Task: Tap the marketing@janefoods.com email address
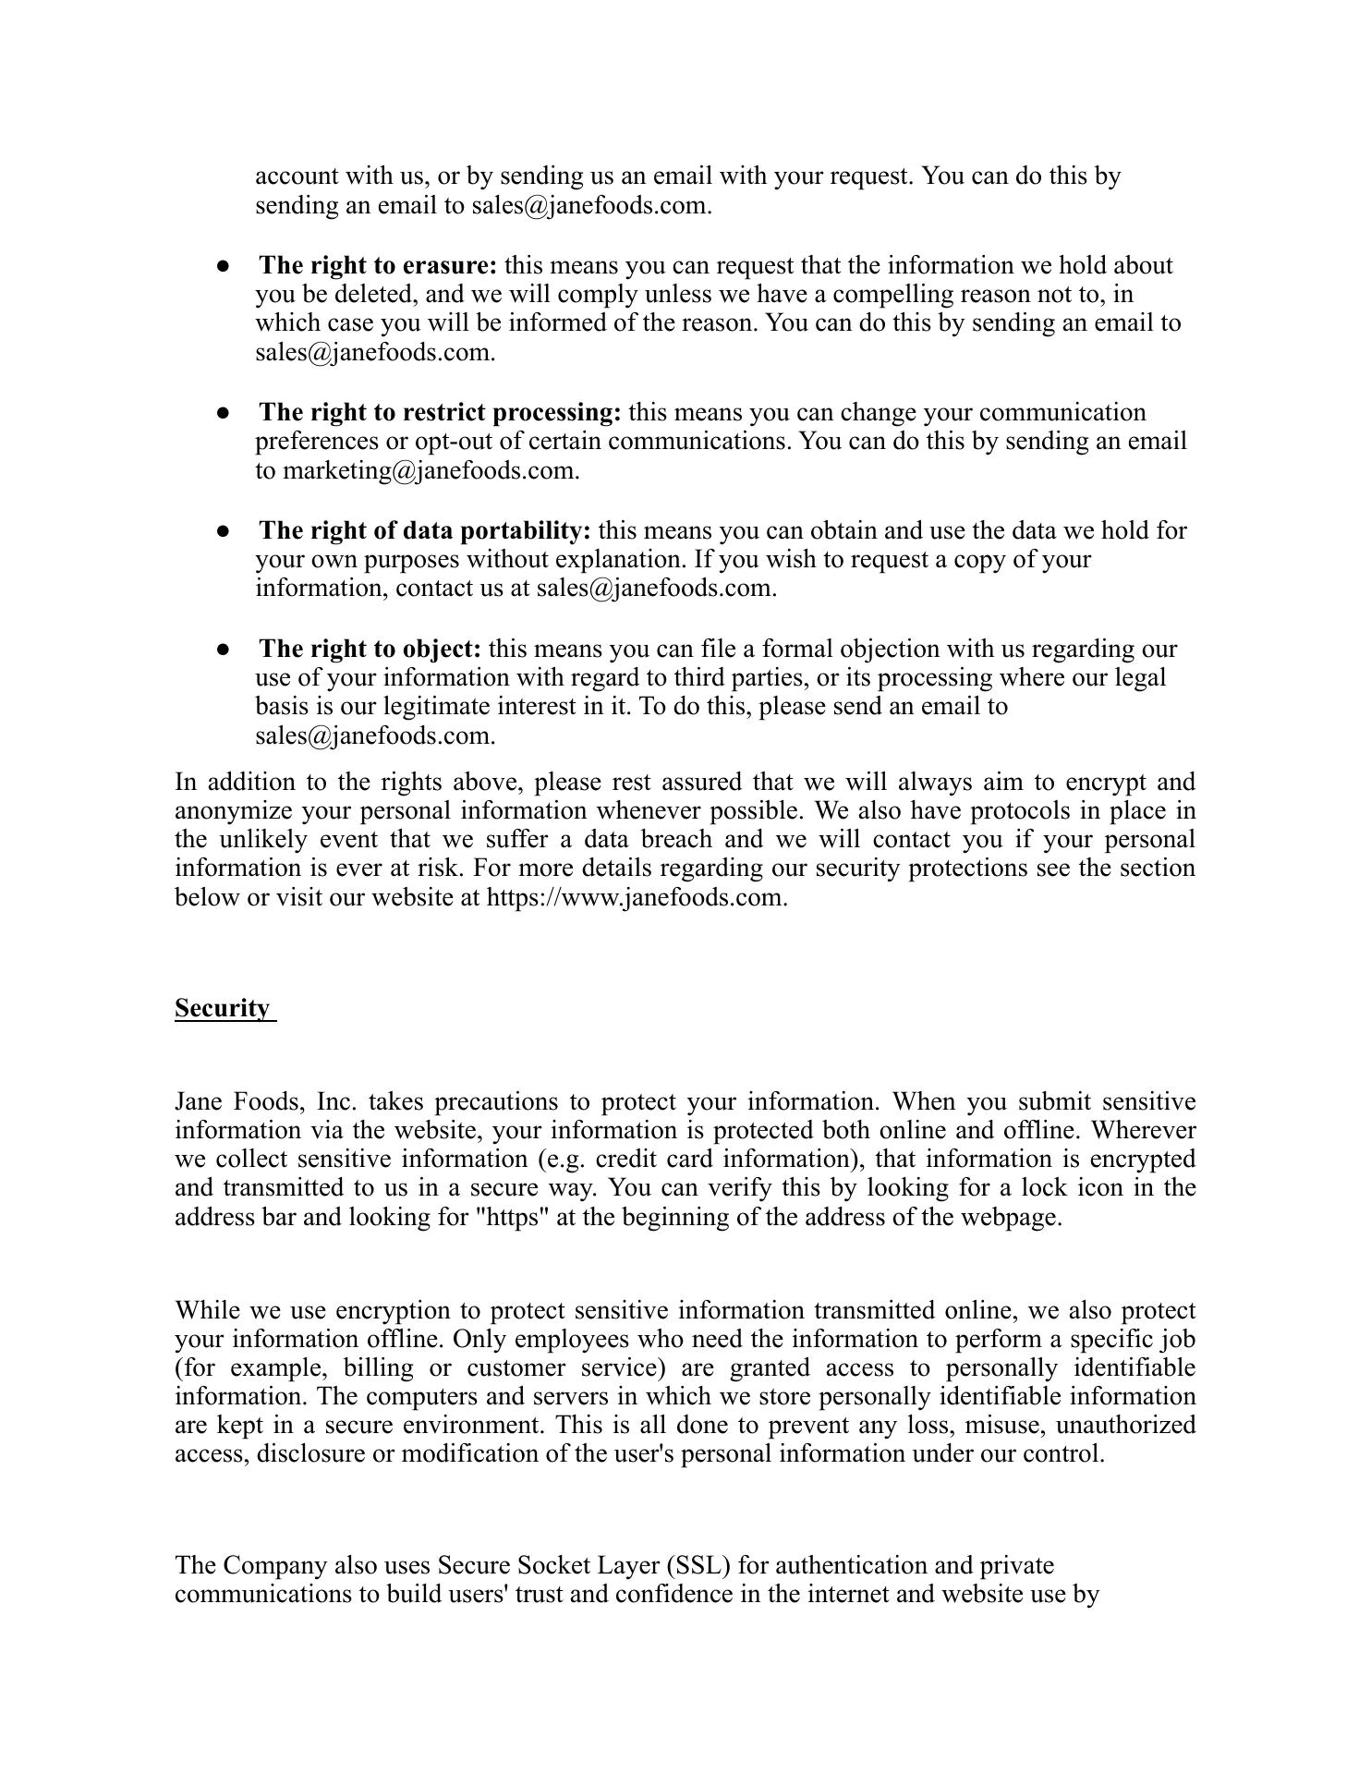pyautogui.click(x=430, y=470)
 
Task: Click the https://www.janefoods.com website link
pyautogui.click(x=636, y=897)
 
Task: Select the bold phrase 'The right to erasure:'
pyautogui.click(x=378, y=265)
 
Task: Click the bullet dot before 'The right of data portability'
pyautogui.click(x=223, y=531)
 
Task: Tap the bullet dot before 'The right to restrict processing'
pyautogui.click(x=223, y=413)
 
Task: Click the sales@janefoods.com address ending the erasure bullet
pyautogui.click(x=374, y=352)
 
